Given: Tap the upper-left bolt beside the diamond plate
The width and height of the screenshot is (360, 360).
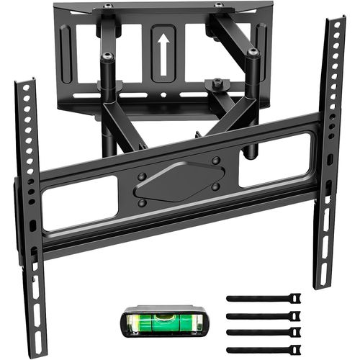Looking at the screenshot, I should (142, 176).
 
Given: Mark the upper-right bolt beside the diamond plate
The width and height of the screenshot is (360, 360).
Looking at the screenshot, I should (216, 161).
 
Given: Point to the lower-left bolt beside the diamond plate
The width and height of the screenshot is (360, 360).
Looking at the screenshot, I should (143, 202).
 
